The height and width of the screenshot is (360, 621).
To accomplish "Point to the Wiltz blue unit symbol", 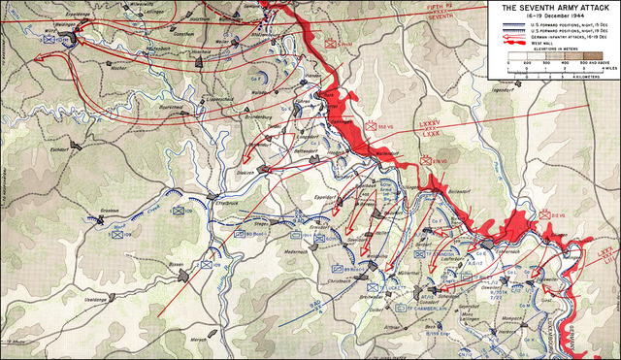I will [64, 37].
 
